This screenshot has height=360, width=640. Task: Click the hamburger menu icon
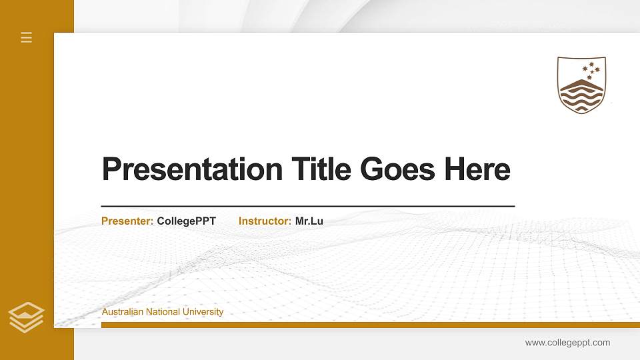(x=27, y=37)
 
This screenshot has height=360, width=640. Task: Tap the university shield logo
(x=581, y=85)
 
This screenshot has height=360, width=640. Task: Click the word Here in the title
(x=477, y=169)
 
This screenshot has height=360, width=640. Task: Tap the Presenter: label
(x=127, y=221)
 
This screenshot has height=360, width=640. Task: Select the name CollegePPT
(x=187, y=221)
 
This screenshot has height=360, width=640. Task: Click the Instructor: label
(x=265, y=221)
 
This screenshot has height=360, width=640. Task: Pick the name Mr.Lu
(x=309, y=221)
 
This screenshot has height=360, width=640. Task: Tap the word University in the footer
(x=204, y=312)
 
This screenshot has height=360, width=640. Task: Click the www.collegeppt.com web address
(x=567, y=343)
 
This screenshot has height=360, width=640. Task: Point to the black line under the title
(x=307, y=206)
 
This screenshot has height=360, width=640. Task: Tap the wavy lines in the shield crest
(x=581, y=99)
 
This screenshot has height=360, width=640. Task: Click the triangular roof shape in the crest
(x=581, y=84)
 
